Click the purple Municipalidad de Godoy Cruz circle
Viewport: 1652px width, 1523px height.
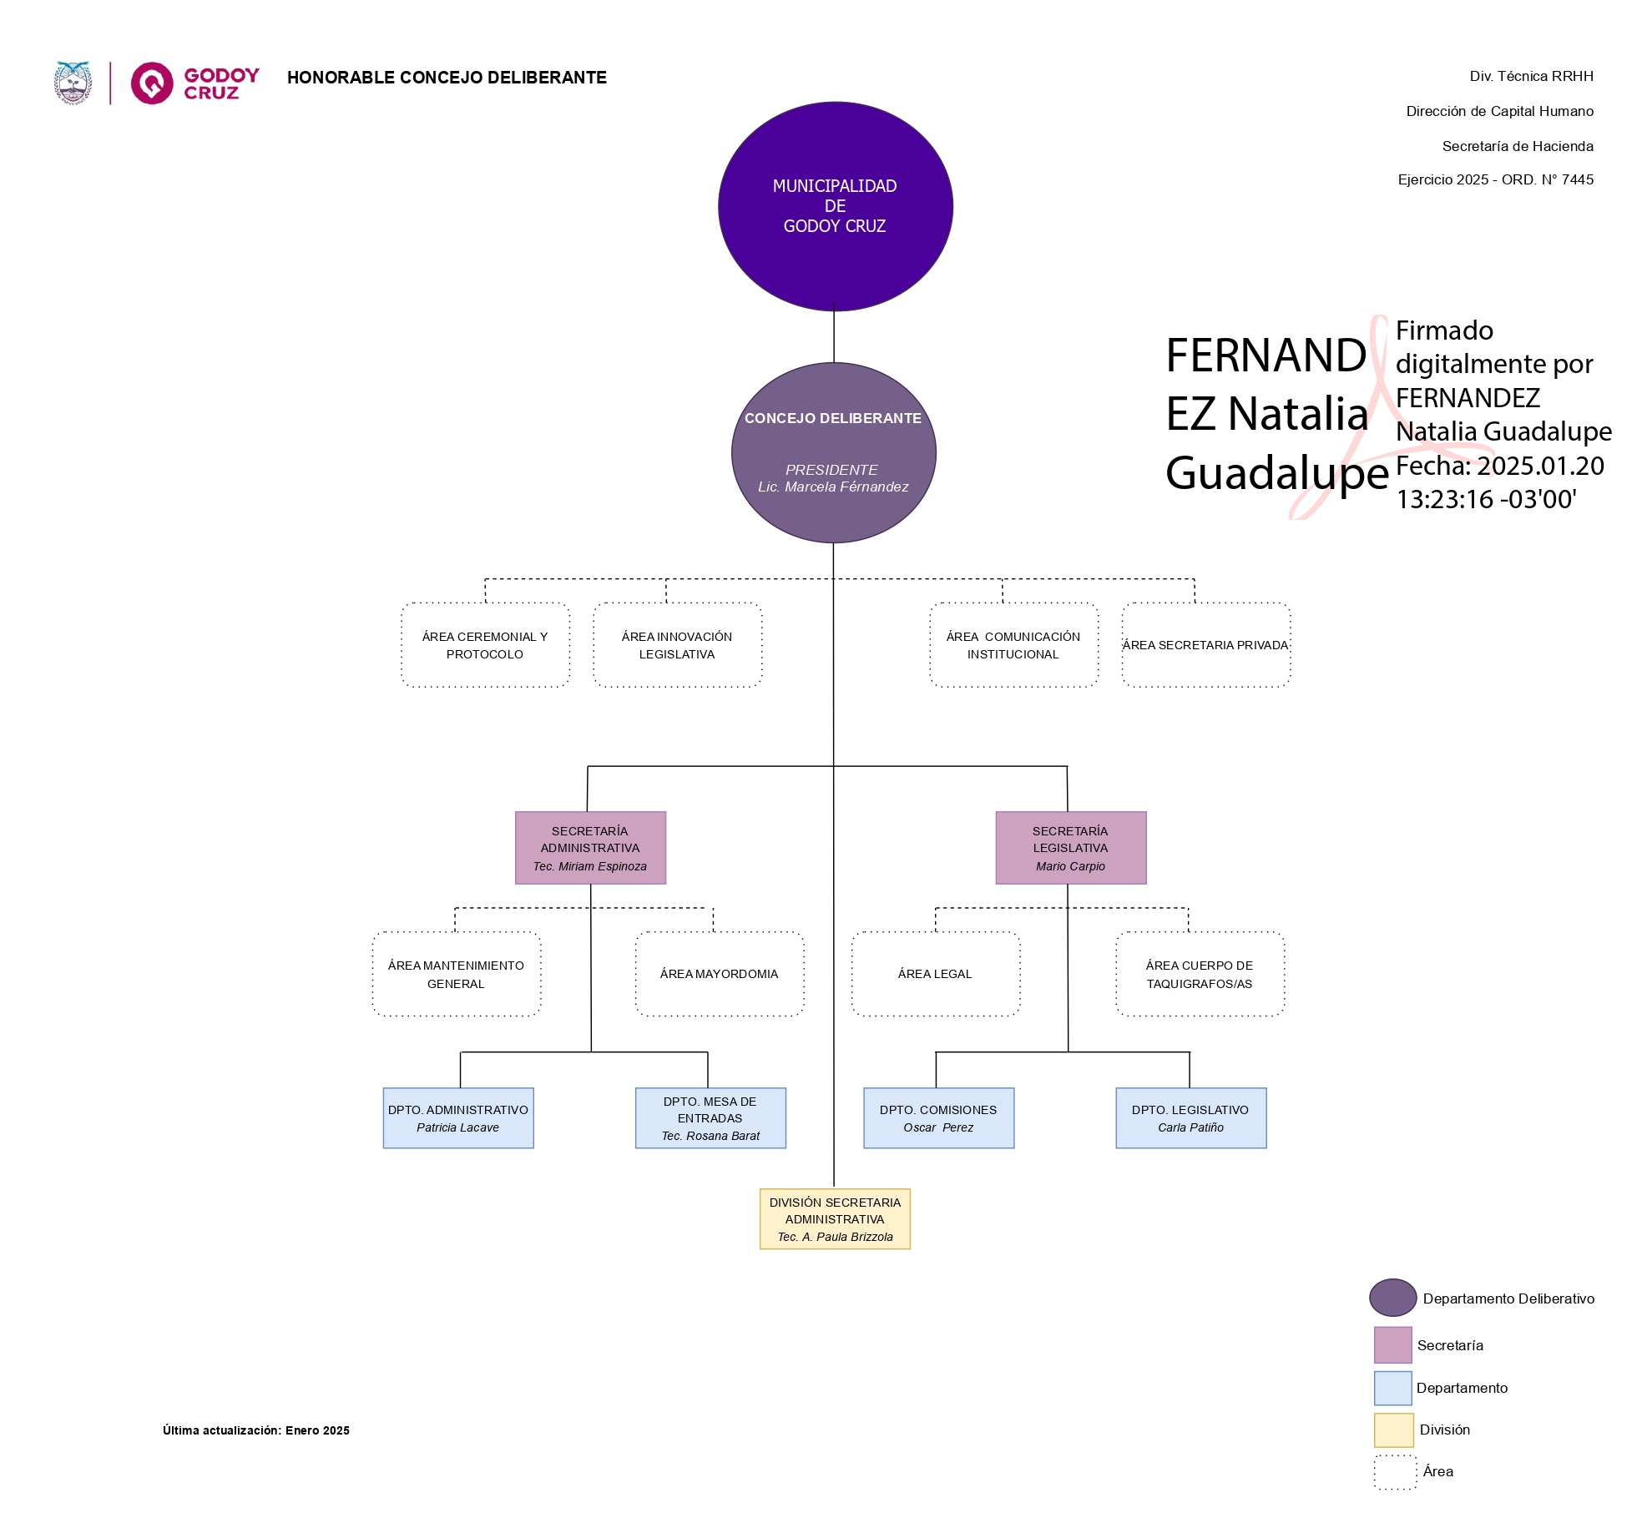coord(835,206)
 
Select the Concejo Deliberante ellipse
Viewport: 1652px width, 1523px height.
coord(833,452)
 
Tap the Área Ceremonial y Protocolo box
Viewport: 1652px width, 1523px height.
coord(485,645)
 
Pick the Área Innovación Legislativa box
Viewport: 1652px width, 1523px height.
coord(677,645)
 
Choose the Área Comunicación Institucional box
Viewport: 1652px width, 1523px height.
coord(1013,645)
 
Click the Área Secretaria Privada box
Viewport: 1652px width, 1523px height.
coord(1205,645)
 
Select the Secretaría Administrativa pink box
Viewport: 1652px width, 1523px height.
coord(590,848)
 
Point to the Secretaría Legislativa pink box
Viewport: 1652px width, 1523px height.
coord(1070,848)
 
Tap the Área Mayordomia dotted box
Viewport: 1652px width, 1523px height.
coord(719,974)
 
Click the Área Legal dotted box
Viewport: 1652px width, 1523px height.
coord(935,974)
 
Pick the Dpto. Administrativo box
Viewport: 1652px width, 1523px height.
coord(458,1118)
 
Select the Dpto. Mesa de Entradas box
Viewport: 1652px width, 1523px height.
coord(710,1118)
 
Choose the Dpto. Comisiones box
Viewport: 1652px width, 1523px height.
coord(938,1118)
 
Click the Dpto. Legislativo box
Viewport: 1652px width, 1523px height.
coord(1190,1118)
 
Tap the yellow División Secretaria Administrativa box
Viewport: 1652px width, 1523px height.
coord(835,1219)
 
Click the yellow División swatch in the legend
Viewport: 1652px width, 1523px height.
coord(1393,1430)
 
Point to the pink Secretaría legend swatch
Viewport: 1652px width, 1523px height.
coord(1392,1345)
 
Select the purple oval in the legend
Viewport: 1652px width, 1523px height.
coord(1392,1298)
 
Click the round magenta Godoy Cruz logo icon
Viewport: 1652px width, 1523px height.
coord(152,83)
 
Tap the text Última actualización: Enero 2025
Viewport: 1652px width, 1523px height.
coord(256,1430)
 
